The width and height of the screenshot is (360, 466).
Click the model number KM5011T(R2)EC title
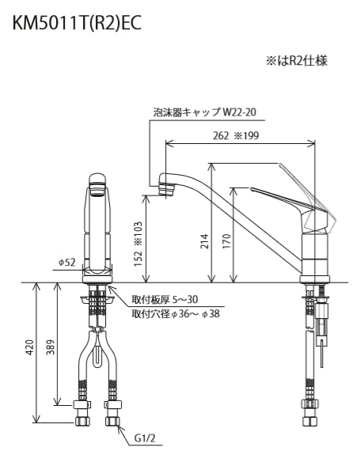pyautogui.click(x=77, y=23)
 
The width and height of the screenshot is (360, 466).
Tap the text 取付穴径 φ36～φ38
pyautogui.click(x=176, y=313)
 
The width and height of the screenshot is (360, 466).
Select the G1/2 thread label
pyautogui.click(x=145, y=437)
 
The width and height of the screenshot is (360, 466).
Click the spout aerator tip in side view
pyautogui.click(x=166, y=188)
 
